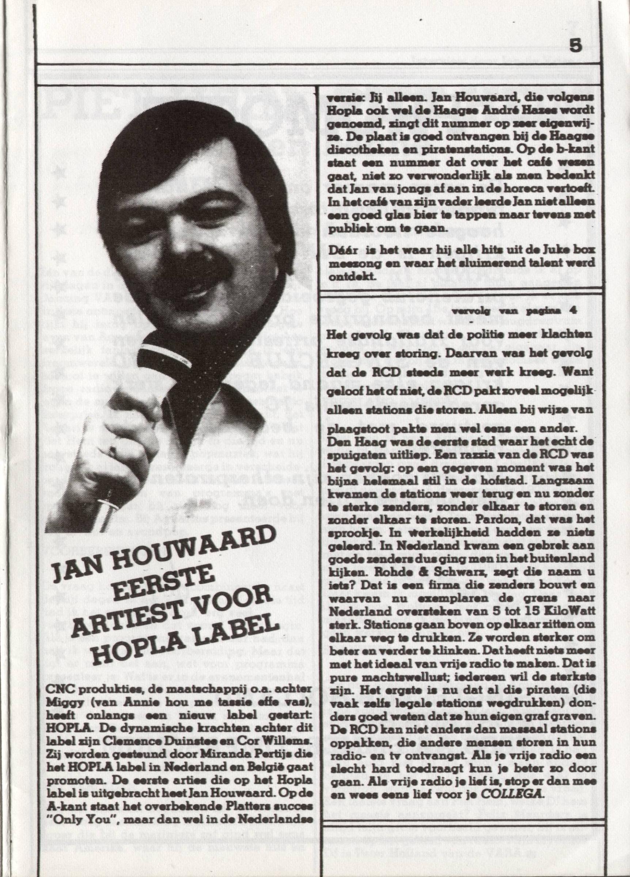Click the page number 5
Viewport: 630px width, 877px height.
point(576,47)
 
